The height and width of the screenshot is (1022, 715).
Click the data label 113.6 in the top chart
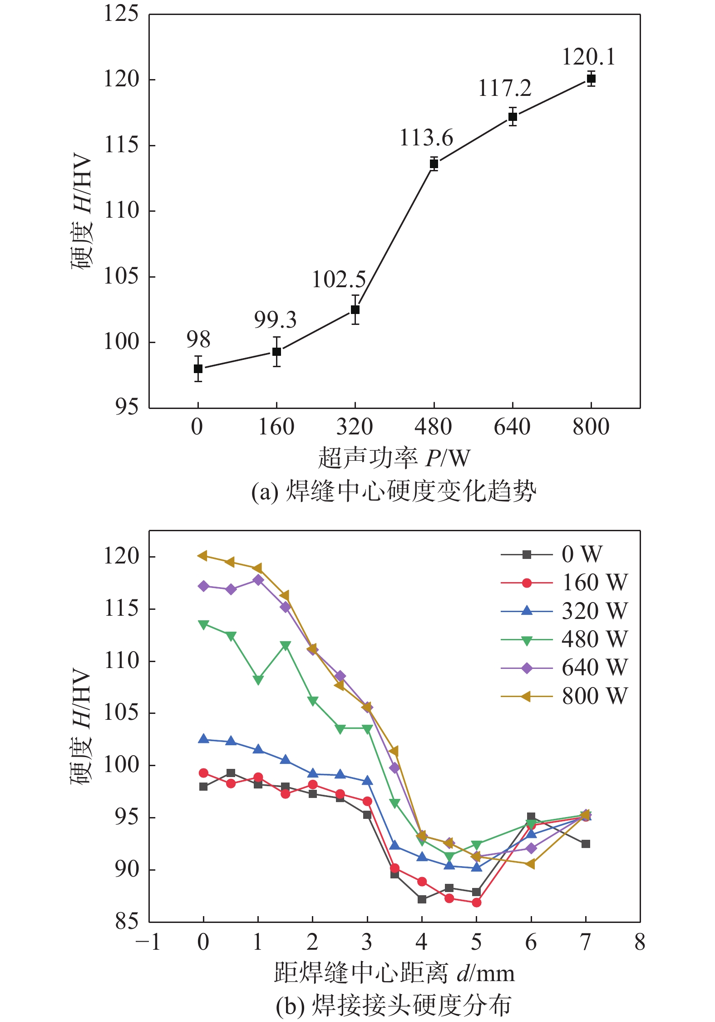pyautogui.click(x=426, y=138)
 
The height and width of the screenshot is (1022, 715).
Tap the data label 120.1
pyautogui.click(x=589, y=57)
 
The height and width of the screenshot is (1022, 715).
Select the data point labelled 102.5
pyautogui.click(x=355, y=309)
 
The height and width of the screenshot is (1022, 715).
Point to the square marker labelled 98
pyautogui.click(x=198, y=369)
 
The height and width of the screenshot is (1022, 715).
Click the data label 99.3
pyautogui.click(x=275, y=320)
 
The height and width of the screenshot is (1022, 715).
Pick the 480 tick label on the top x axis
pyautogui.click(x=433, y=427)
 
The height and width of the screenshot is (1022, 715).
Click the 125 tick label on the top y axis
pyautogui.click(x=121, y=13)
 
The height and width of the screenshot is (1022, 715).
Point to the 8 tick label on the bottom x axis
pyautogui.click(x=640, y=942)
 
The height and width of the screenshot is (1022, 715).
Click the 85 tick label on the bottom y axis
pyautogui.click(x=126, y=921)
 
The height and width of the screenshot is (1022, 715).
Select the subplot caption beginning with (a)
pyautogui.click(x=393, y=492)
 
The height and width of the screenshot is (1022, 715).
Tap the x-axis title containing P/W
pyautogui.click(x=394, y=458)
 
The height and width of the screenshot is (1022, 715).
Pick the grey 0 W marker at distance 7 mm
pyautogui.click(x=586, y=844)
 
